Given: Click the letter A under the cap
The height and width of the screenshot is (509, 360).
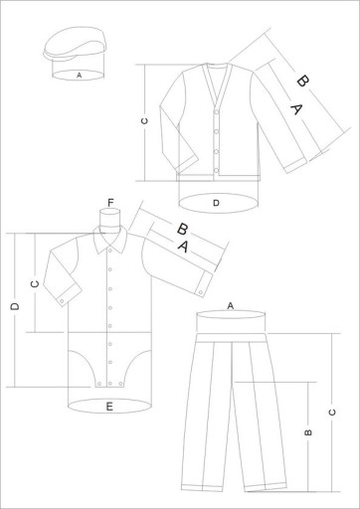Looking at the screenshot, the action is [x=79, y=76].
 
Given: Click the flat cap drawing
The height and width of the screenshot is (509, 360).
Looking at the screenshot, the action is [x=75, y=45].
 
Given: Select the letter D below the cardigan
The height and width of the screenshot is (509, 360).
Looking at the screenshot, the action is [x=216, y=203].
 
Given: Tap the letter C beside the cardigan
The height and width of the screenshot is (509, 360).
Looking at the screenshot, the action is [x=144, y=121].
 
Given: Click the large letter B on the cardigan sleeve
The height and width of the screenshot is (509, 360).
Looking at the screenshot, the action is [x=302, y=81].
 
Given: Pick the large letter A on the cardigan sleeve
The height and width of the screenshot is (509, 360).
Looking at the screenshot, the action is [x=296, y=109].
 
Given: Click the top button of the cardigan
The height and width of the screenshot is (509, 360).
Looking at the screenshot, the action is [x=217, y=111].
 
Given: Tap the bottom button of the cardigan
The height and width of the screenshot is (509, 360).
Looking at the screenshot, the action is [x=217, y=170].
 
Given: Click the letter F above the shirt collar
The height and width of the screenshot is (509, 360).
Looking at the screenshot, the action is [x=110, y=202].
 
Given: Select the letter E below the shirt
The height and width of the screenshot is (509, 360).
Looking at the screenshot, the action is [x=109, y=407].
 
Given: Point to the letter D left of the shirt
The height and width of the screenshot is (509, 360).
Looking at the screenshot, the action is [x=15, y=307].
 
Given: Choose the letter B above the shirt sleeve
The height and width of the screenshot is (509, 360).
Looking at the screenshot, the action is [x=182, y=230].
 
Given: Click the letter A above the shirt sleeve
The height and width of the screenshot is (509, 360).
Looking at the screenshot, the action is [x=183, y=247].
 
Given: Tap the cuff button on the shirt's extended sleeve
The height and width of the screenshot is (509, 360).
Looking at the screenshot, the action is [x=201, y=292].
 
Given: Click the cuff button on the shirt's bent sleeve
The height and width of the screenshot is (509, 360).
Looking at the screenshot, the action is [x=62, y=301].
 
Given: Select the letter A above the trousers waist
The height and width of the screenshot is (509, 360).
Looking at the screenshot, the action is [x=231, y=306].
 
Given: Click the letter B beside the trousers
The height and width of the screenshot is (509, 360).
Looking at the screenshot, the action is [x=308, y=432].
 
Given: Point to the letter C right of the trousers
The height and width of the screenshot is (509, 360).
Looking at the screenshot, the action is [x=332, y=413].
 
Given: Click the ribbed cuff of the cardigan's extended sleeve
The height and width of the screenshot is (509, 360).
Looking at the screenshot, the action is [x=296, y=165].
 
